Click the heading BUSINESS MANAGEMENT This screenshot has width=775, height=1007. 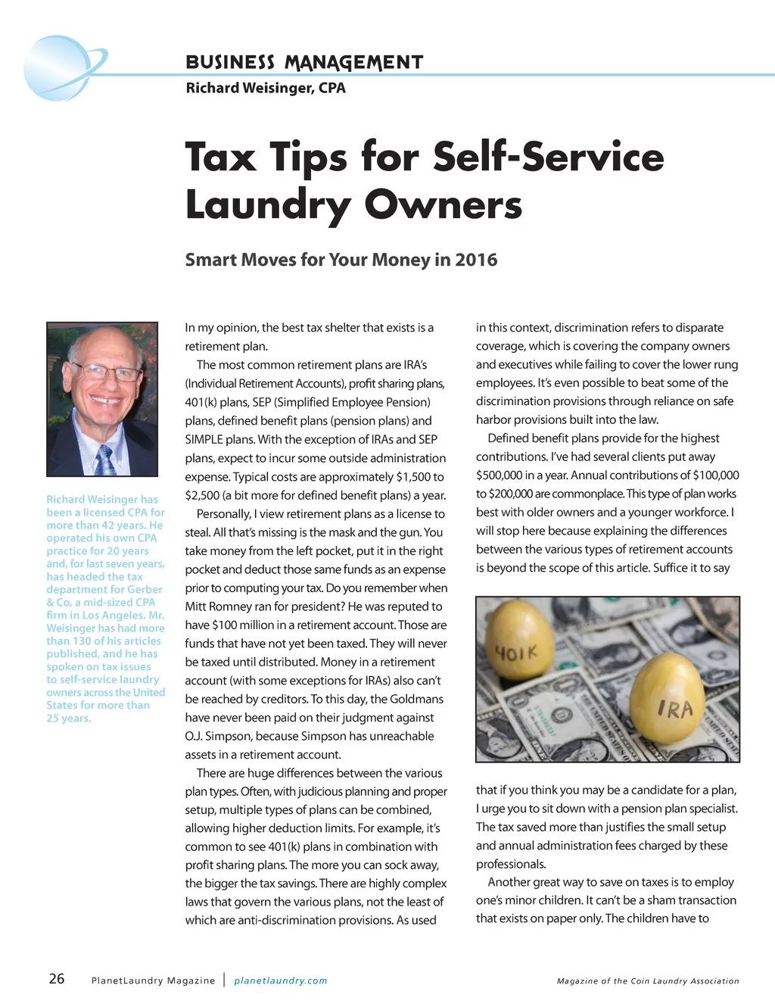pyautogui.click(x=304, y=63)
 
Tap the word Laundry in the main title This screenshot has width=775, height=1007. pyautogui.click(x=269, y=205)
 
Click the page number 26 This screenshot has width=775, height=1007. pyautogui.click(x=57, y=979)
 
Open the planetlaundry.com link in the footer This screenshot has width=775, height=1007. pyautogui.click(x=281, y=980)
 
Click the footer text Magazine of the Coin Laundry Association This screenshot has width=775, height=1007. pyautogui.click(x=648, y=980)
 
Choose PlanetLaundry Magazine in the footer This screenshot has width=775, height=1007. pyautogui.click(x=153, y=980)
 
